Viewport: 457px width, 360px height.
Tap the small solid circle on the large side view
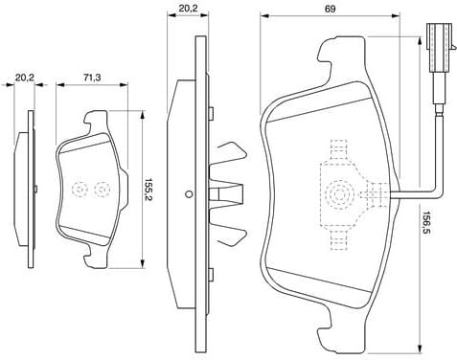coord(190,195)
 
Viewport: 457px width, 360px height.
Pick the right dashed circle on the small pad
coord(101,189)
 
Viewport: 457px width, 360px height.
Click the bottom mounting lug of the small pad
coord(95,255)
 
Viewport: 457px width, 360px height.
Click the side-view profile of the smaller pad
coord(28,189)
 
